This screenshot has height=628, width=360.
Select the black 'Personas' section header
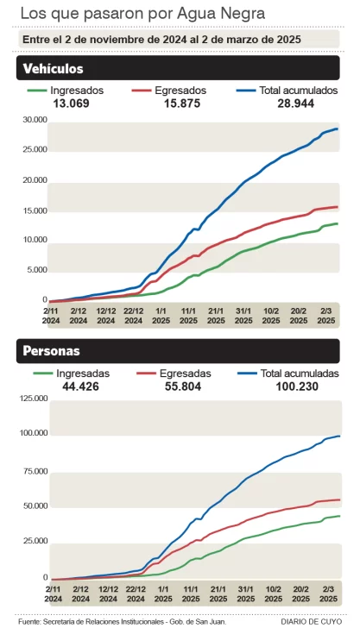click(53, 351)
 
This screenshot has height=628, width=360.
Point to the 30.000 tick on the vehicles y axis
click(35, 119)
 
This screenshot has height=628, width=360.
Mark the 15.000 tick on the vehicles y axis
click(35, 210)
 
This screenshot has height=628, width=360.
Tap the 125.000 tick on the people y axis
click(33, 398)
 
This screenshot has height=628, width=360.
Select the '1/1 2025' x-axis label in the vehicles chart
click(161, 315)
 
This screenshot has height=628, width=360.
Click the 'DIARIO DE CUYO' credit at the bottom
click(311, 620)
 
